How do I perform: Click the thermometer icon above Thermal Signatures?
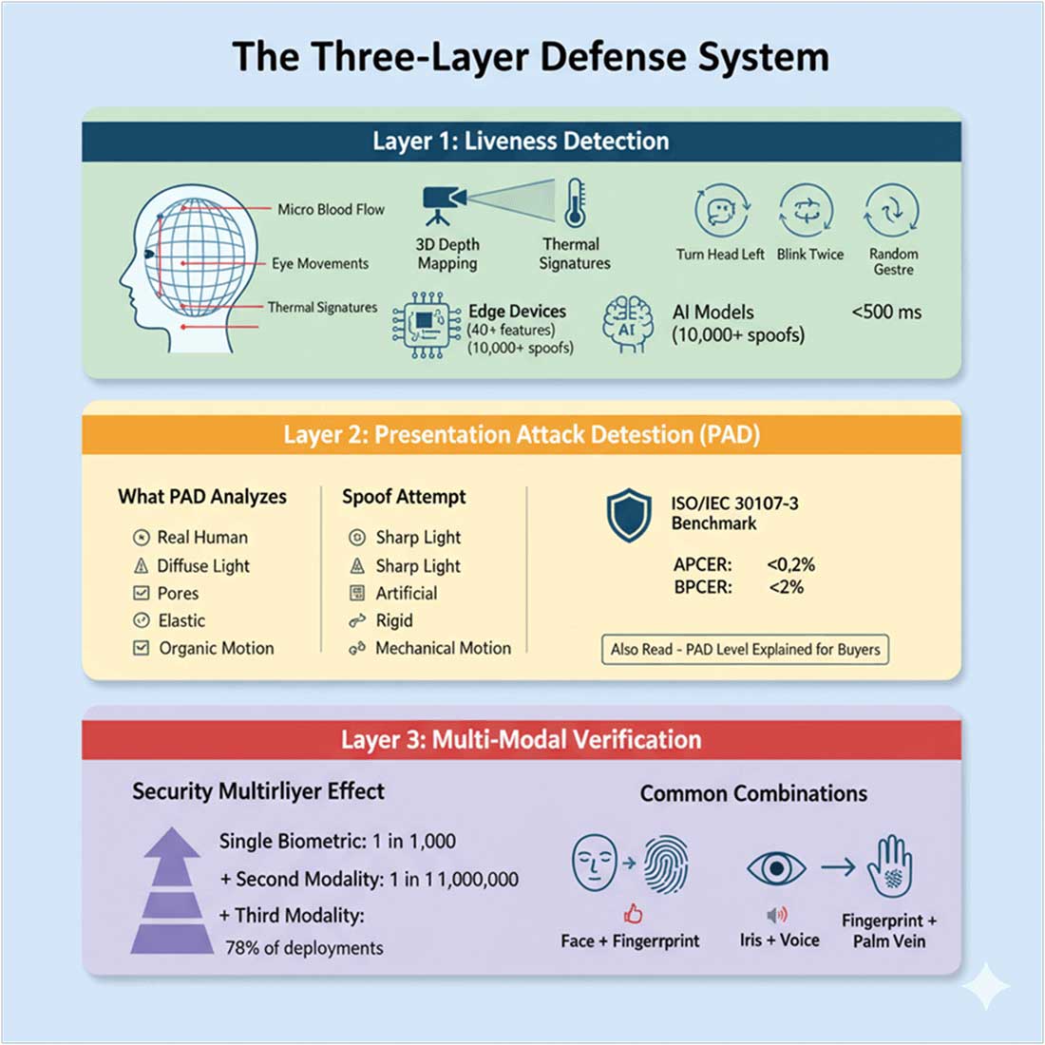pyautogui.click(x=575, y=202)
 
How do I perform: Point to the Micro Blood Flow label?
pyautogui.click(x=331, y=209)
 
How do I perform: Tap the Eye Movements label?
pyautogui.click(x=320, y=263)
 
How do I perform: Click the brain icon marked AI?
pyautogui.click(x=628, y=325)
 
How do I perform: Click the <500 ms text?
pyautogui.click(x=885, y=312)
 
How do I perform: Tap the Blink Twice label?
pyautogui.click(x=809, y=255)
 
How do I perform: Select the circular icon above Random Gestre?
pyautogui.click(x=892, y=210)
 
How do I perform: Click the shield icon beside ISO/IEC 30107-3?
pyautogui.click(x=629, y=516)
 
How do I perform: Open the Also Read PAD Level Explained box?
pyautogui.click(x=745, y=650)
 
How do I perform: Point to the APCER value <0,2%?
pyautogui.click(x=790, y=564)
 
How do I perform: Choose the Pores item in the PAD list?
pyautogui.click(x=178, y=593)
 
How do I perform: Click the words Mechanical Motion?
pyautogui.click(x=443, y=648)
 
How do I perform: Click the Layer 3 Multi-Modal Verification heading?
pyautogui.click(x=521, y=739)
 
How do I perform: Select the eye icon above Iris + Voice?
pyautogui.click(x=776, y=868)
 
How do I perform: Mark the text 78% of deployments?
pyautogui.click(x=304, y=948)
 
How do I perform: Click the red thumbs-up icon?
pyautogui.click(x=633, y=914)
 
